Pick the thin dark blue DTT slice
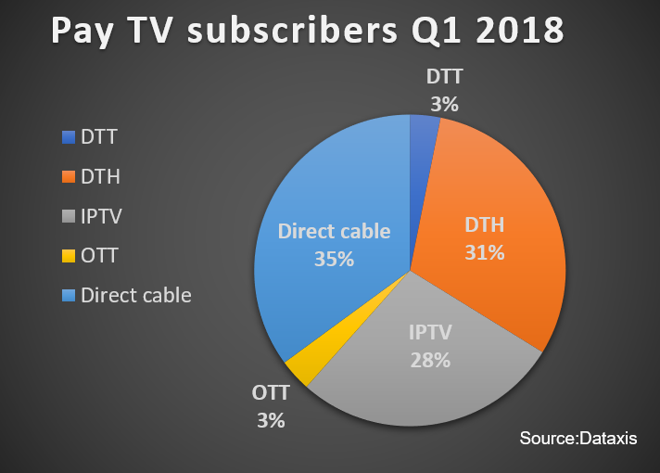(x=421, y=169)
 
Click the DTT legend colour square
(x=69, y=137)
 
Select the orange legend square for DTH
(x=69, y=176)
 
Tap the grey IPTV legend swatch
(x=69, y=216)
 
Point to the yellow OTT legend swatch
(x=69, y=256)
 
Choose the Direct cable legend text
(x=136, y=295)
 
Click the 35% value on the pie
(x=335, y=259)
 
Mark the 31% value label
(x=485, y=252)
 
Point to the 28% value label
(x=430, y=360)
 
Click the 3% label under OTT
(x=271, y=420)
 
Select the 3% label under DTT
(x=445, y=104)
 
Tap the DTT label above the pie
(x=445, y=77)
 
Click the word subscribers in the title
(x=292, y=31)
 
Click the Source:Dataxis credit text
(x=578, y=438)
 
